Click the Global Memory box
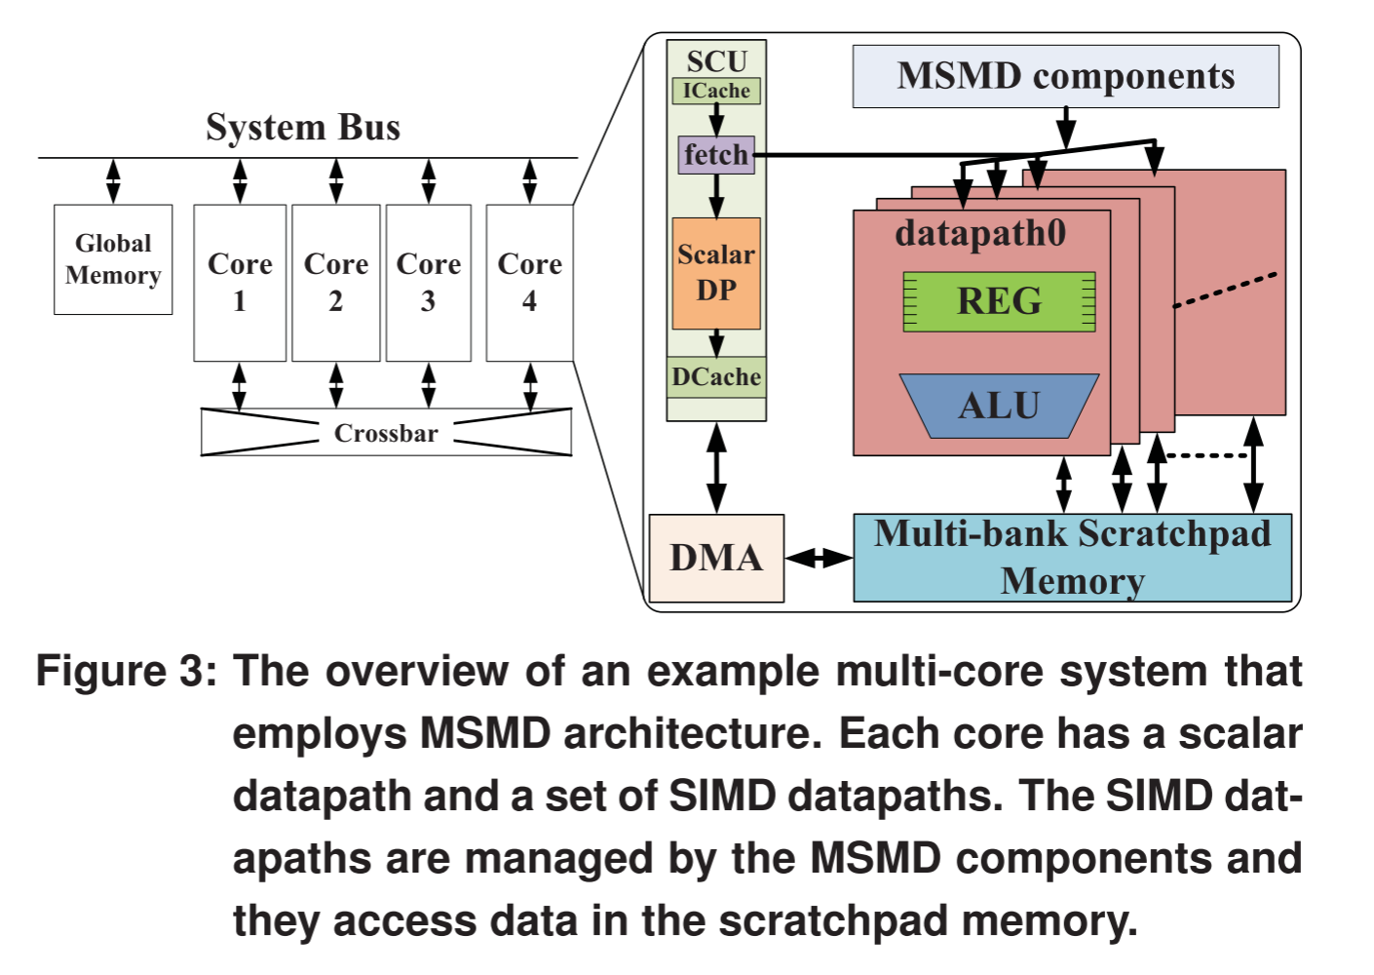click(113, 259)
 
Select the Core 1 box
click(240, 283)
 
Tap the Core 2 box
click(335, 283)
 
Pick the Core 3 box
click(428, 283)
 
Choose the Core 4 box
click(529, 283)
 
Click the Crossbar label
click(386, 433)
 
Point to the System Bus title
click(303, 128)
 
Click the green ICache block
click(716, 91)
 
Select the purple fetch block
click(716, 155)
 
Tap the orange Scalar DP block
click(716, 273)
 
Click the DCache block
click(716, 377)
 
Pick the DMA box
click(716, 558)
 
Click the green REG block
click(1000, 301)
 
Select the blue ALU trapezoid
click(1000, 406)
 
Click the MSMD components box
click(1065, 76)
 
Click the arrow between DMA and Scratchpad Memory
click(819, 558)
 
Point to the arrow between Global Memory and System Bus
click(113, 181)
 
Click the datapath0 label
click(980, 233)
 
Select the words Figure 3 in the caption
click(126, 672)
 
